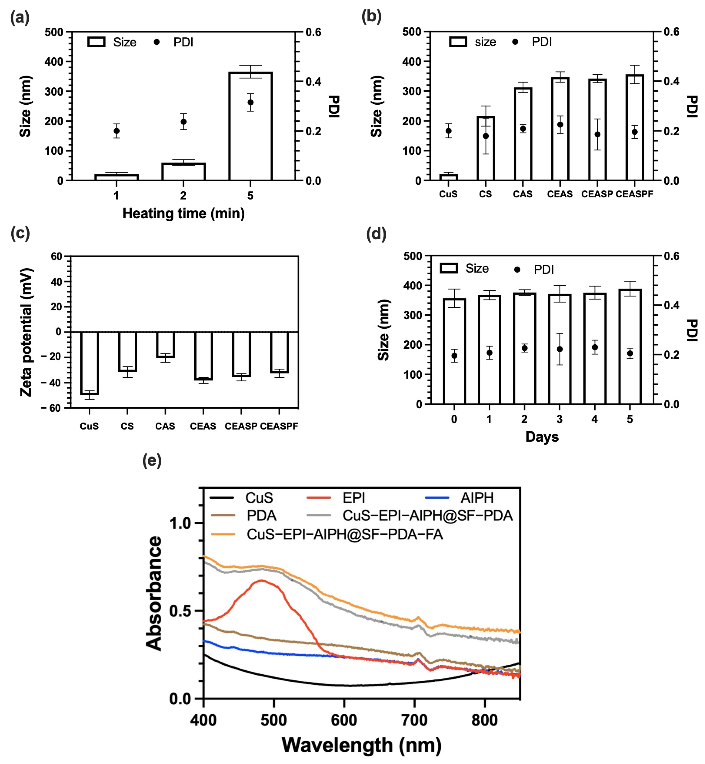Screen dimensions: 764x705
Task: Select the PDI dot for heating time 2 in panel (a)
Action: [184, 122]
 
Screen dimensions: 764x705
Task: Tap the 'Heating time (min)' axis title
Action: [184, 213]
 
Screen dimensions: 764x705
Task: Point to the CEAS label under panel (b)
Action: [560, 194]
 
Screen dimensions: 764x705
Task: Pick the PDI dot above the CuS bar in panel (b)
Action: [449, 131]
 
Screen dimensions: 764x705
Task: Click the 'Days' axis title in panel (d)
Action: [542, 437]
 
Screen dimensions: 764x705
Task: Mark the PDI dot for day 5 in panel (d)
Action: [630, 353]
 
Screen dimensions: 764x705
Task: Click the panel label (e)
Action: [152, 460]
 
